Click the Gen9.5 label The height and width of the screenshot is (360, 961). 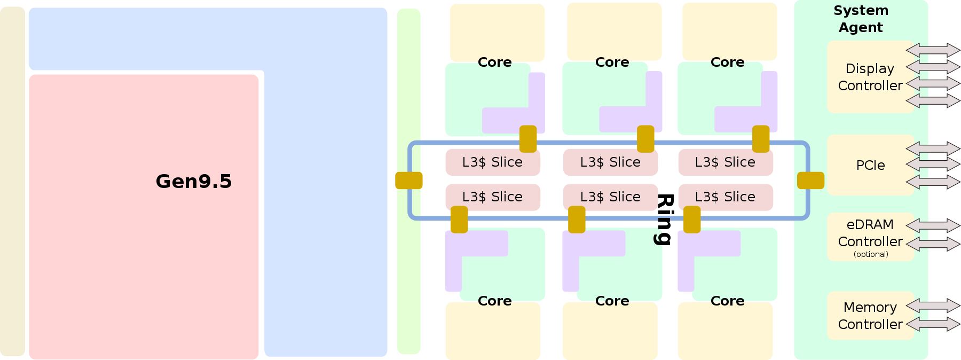193,182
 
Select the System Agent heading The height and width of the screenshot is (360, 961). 861,19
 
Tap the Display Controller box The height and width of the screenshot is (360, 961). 870,77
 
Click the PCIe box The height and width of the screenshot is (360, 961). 870,165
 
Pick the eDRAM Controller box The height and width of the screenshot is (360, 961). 870,233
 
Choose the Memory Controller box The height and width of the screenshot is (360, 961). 870,316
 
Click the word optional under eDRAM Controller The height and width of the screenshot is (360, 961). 871,254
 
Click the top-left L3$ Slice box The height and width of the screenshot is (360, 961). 492,162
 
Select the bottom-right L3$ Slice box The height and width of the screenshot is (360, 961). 725,197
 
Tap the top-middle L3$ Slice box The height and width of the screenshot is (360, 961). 610,162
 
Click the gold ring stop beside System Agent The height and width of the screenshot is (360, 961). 810,181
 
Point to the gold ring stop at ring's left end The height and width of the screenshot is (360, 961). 409,181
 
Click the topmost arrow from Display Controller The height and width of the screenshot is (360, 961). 933,50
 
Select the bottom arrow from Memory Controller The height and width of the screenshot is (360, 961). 933,324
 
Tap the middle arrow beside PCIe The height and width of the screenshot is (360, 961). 933,164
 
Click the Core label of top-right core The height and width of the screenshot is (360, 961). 727,62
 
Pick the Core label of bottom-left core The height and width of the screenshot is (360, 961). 494,301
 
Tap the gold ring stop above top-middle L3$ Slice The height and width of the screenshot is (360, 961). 645,139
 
